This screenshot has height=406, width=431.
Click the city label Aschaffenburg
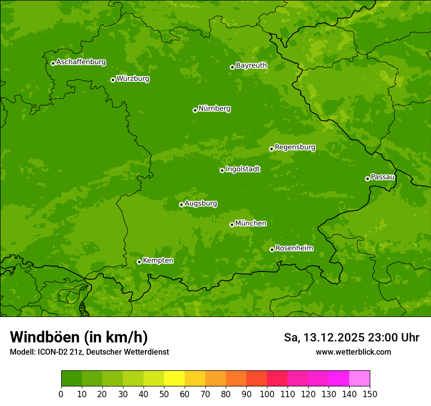coord(81,62)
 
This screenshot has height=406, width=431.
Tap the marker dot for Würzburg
coord(113,80)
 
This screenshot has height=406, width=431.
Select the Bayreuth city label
coord(251,66)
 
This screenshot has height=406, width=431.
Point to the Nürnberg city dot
coord(195,110)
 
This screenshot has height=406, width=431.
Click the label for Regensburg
coord(295,147)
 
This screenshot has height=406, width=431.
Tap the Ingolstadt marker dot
coord(222,170)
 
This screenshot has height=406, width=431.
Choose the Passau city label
coord(383,177)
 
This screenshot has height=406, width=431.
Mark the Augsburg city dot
coord(181,204)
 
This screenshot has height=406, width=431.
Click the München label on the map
coord(251,224)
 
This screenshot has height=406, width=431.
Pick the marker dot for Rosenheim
coord(272,249)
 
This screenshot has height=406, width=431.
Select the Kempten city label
coord(158,261)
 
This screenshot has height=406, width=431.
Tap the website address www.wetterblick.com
coord(353,352)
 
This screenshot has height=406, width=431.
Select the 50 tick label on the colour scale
coord(164,394)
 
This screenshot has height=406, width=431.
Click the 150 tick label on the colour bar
coord(370,394)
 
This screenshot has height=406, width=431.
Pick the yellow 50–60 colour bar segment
coord(174,379)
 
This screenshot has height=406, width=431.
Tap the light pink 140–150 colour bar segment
coord(359,379)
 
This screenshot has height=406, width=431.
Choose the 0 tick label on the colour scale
coord(61,394)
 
